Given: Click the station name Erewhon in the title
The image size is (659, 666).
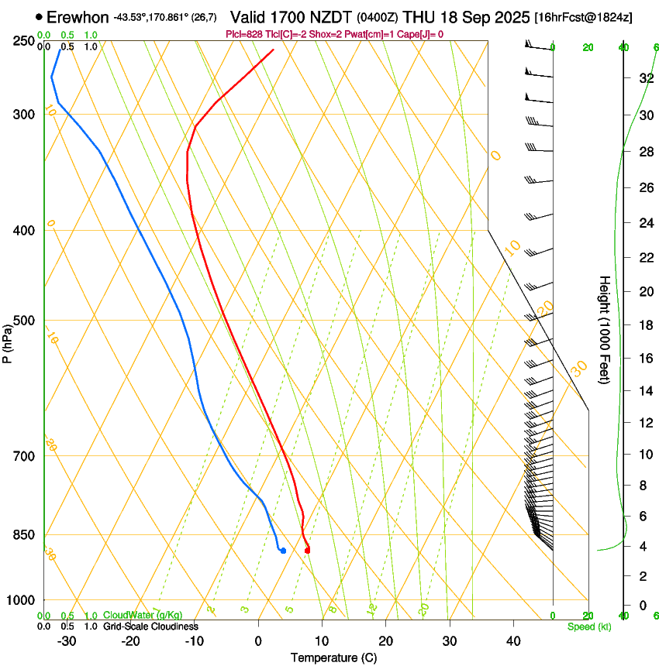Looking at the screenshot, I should point(78,16).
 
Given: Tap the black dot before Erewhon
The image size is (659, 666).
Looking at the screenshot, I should point(39,16).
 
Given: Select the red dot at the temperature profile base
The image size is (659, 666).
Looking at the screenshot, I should point(308,551).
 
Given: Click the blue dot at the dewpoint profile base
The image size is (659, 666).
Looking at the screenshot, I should point(283,551).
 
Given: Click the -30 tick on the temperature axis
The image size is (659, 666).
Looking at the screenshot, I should point(67,640).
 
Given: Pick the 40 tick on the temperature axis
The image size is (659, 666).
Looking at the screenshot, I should point(512,640).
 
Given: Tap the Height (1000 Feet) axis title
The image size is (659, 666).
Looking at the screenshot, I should point(605,329).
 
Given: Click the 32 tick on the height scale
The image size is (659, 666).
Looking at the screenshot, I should point(645,78).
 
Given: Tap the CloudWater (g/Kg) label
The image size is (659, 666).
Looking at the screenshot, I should point(143,616).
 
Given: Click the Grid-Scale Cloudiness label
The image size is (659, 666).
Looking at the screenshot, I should point(150,627).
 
